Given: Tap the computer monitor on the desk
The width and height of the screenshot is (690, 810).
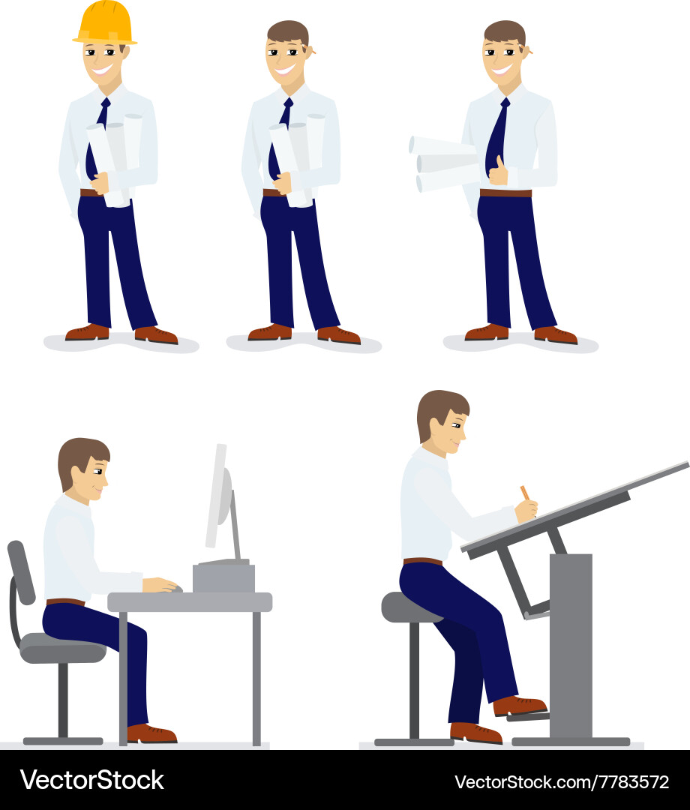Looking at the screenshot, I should coord(217,495).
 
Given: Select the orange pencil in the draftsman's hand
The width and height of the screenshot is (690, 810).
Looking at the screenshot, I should coord(525,493).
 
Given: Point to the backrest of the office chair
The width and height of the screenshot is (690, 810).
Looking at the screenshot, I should coord(20,571).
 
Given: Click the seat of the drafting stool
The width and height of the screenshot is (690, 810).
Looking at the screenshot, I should coord(409,607).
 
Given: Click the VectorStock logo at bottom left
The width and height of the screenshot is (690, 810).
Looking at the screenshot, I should coord(91,780).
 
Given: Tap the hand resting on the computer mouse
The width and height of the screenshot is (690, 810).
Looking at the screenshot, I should coord(161,584).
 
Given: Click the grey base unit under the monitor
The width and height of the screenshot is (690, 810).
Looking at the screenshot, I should coord(223,577).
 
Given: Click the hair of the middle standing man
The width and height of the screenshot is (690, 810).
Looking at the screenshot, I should coord(286,32).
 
